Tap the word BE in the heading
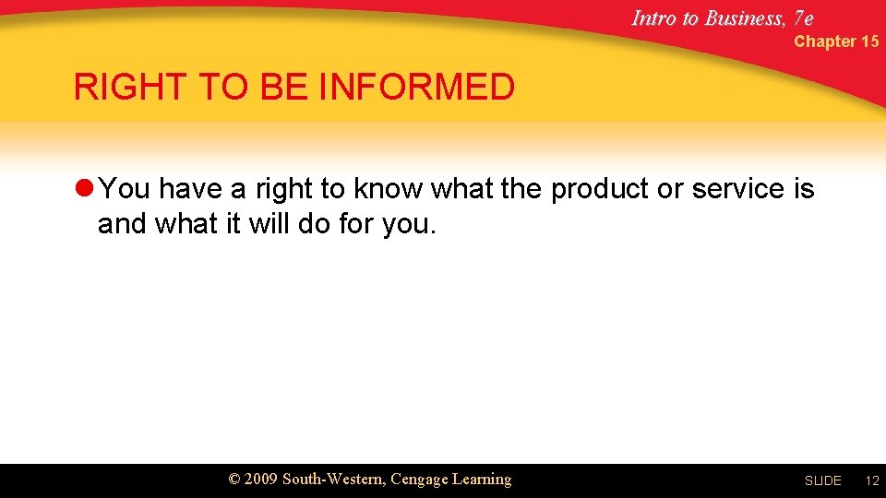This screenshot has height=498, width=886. coord(282,88)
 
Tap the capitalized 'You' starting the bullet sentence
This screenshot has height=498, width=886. coord(125,189)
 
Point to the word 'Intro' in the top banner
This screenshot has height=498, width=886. coord(654,18)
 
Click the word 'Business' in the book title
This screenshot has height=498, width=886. coord(745,18)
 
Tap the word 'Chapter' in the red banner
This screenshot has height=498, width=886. coord(824,41)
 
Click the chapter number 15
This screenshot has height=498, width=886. coord(869,41)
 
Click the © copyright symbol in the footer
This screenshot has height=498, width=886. coord(234,480)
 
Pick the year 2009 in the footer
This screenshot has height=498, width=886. coord(261,480)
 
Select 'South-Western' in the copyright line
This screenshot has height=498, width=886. coord(334,480)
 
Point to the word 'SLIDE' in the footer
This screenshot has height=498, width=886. coord(822,481)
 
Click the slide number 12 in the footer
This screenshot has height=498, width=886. coord(871,481)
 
